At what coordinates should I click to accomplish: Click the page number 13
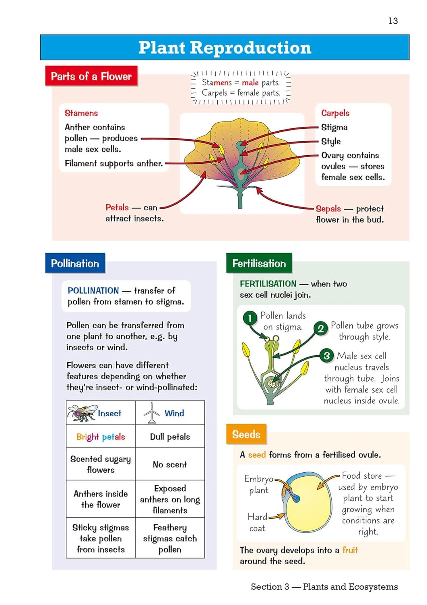pyautogui.click(x=393, y=21)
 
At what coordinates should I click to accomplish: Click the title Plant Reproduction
pyautogui.click(x=225, y=48)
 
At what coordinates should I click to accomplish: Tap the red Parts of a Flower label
pyautogui.click(x=91, y=76)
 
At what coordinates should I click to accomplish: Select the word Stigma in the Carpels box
pyautogui.click(x=334, y=127)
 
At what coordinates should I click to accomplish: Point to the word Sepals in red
pyautogui.click(x=328, y=209)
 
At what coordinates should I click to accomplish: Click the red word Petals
pyautogui.click(x=117, y=207)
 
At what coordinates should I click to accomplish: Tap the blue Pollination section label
pyautogui.click(x=75, y=263)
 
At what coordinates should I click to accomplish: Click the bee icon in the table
pyautogui.click(x=82, y=413)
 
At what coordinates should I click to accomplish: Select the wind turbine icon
pyautogui.click(x=152, y=413)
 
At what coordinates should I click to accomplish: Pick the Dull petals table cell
pyautogui.click(x=170, y=437)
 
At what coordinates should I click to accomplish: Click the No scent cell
pyautogui.click(x=170, y=465)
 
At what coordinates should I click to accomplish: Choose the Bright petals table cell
pyautogui.click(x=101, y=437)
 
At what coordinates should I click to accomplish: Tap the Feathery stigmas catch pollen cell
pyautogui.click(x=170, y=538)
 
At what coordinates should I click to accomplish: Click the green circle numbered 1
pyautogui.click(x=250, y=318)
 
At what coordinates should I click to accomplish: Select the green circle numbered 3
pyautogui.click(x=326, y=355)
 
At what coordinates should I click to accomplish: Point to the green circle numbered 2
pyautogui.click(x=320, y=328)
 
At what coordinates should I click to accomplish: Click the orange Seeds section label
pyautogui.click(x=246, y=434)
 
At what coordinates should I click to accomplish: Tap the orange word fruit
pyautogui.click(x=350, y=550)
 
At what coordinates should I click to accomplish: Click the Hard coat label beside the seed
pyautogui.click(x=257, y=522)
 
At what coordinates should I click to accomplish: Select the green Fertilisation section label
pyautogui.click(x=259, y=263)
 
